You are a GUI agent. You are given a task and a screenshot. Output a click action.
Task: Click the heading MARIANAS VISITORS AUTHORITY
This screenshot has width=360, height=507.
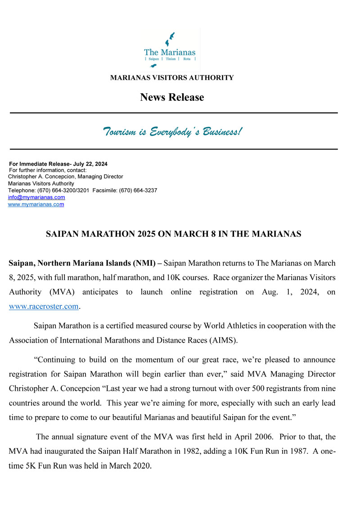click(172, 78)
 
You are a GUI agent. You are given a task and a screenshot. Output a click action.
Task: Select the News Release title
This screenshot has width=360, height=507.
click(172, 97)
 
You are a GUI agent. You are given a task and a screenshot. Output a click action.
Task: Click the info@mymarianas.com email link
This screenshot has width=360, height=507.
click(36, 197)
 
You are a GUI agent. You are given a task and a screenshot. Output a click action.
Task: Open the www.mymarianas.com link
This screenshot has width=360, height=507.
click(36, 204)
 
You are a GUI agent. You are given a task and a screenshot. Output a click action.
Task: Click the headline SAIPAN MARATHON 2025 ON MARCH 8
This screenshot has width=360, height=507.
click(174, 234)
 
